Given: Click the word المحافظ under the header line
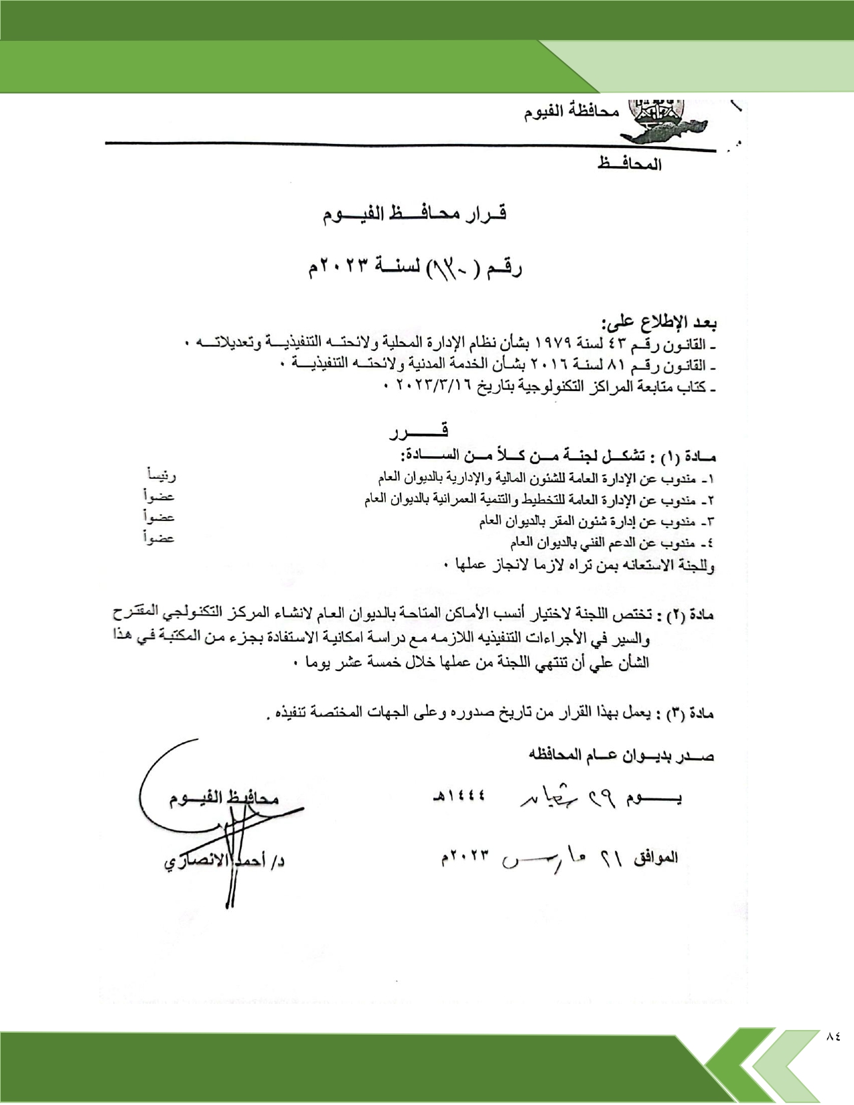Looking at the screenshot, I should point(629,164).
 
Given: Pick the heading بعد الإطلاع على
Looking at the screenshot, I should point(659,323).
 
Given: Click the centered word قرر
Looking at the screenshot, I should point(419,431).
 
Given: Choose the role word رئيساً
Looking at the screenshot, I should point(161,475).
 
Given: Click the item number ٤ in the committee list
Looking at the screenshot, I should point(709,542).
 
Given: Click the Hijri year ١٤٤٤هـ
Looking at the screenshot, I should point(459,797).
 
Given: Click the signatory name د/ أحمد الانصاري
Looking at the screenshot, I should point(224,862).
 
